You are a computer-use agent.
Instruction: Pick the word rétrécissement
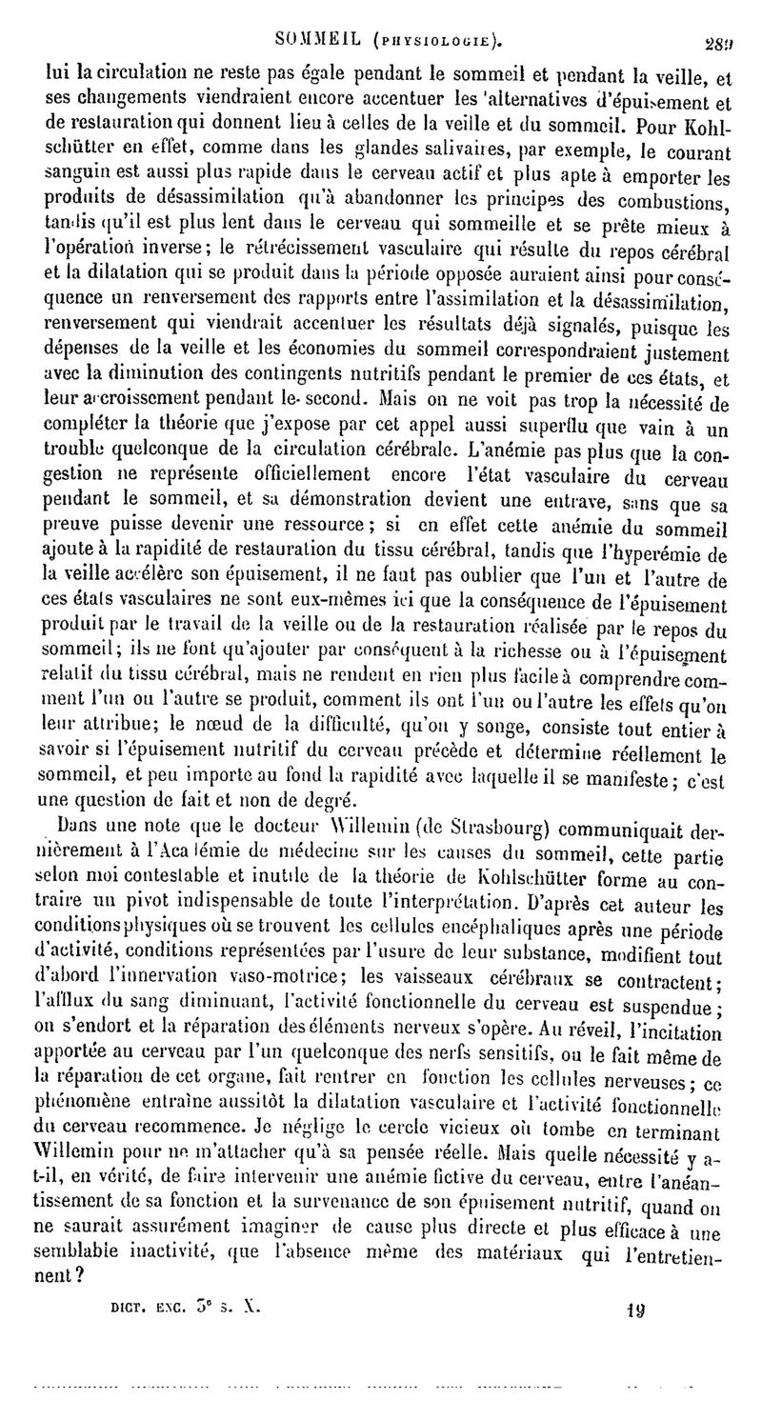click(x=324, y=250)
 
